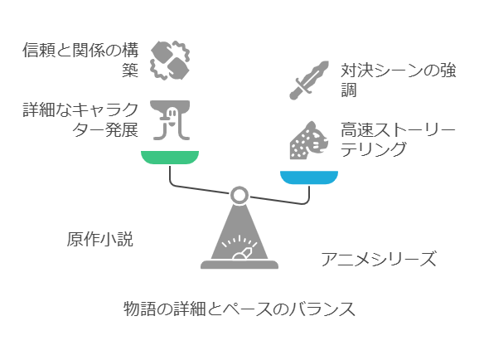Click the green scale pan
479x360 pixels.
click(170, 158)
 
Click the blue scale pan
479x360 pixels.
click(309, 178)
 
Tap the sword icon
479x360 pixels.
click(309, 80)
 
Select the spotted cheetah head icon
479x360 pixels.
click(309, 140)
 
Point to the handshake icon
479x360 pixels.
click(170, 61)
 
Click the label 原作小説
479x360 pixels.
click(100, 239)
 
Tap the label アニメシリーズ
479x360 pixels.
click(379, 259)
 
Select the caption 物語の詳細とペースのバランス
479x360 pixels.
click(239, 309)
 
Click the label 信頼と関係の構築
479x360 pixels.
click(80, 60)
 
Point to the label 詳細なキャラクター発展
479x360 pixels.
click(80, 120)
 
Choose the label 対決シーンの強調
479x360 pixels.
click(399, 80)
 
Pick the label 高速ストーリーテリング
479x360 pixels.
click(398, 140)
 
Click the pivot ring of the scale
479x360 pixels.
click(239, 195)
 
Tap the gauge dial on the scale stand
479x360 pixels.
click(239, 247)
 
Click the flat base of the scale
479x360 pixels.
click(239, 265)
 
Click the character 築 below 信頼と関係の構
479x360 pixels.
click(130, 70)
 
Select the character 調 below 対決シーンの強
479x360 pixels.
click(349, 90)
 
